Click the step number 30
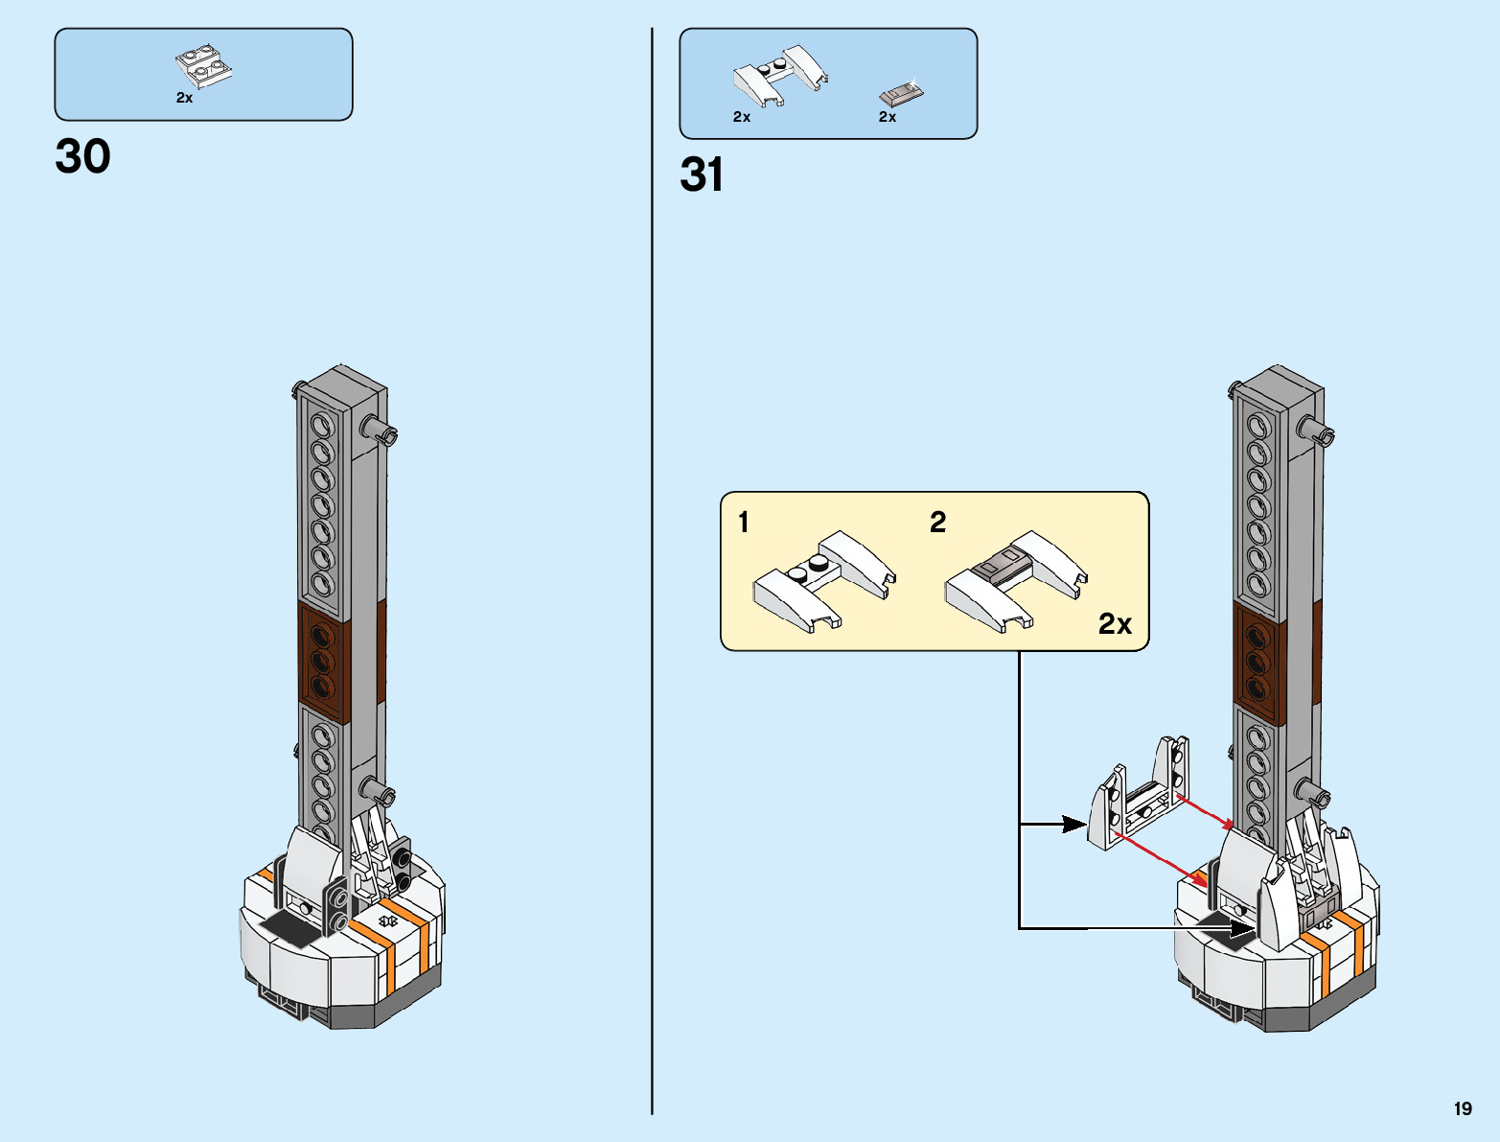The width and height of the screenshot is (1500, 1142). (82, 156)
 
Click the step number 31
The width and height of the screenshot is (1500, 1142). (702, 175)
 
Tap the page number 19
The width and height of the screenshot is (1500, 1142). (1463, 1108)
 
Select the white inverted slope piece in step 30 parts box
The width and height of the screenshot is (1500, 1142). (203, 66)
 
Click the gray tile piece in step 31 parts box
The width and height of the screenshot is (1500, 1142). (901, 94)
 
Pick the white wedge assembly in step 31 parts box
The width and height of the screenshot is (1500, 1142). (780, 76)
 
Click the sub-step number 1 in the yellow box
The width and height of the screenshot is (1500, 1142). (744, 523)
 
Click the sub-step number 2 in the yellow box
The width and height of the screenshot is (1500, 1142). (937, 523)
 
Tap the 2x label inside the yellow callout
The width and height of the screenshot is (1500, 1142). (1115, 623)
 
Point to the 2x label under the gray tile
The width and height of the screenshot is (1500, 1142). (887, 117)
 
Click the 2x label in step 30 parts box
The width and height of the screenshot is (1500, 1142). (185, 98)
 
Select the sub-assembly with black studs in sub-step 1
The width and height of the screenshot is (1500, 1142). (824, 582)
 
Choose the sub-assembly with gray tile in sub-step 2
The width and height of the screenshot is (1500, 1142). (1016, 582)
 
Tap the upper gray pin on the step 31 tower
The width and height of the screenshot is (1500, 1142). (1315, 430)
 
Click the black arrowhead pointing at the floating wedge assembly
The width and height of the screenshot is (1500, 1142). (1074, 825)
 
